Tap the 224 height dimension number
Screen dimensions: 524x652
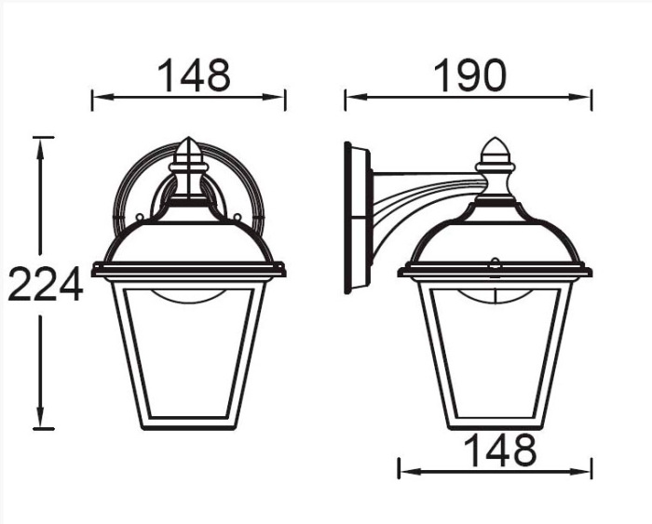click(45, 285)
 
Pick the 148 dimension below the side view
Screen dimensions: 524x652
click(499, 450)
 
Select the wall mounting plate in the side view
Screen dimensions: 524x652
click(356, 217)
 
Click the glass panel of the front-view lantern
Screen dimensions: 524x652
click(188, 354)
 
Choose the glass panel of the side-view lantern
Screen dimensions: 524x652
click(494, 354)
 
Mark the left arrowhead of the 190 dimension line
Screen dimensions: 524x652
click(350, 96)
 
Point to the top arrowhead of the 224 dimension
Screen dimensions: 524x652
click(39, 142)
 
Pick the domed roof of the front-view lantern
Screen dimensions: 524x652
click(188, 237)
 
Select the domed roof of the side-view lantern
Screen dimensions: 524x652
click(494, 237)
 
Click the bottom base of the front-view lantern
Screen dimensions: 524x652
click(188, 423)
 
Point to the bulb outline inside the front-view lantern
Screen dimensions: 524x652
click(188, 298)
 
